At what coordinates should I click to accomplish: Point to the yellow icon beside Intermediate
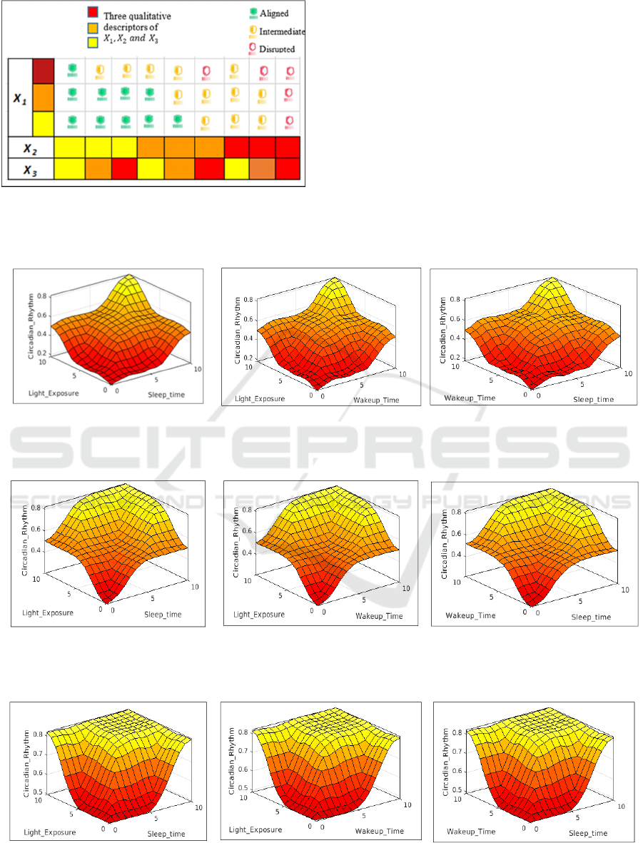245,31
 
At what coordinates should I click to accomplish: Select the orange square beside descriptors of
93,27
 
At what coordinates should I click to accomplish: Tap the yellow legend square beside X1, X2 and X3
93,41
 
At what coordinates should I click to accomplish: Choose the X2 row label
30,149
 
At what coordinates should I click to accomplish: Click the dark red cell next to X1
43,71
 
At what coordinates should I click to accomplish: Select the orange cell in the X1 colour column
43,98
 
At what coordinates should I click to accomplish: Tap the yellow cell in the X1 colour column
43,124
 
